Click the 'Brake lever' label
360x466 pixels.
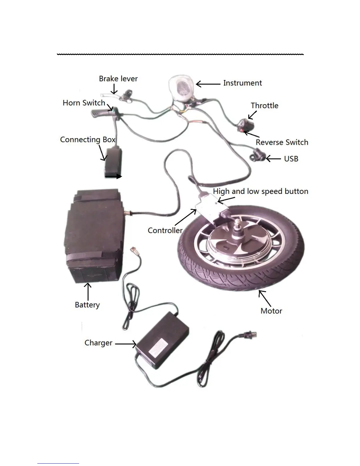click(x=118, y=79)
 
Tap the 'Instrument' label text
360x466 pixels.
click(x=242, y=83)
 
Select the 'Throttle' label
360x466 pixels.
click(x=264, y=106)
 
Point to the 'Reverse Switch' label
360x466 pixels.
click(x=282, y=142)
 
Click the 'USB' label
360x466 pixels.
click(x=291, y=159)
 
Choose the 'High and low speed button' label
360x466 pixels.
click(x=261, y=192)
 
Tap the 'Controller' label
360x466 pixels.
click(x=165, y=230)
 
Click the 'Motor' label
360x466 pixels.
click(x=271, y=311)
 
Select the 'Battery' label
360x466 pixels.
click(x=87, y=305)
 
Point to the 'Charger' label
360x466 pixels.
click(x=98, y=343)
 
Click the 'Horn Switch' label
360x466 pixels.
click(x=84, y=103)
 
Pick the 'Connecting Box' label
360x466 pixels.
click(x=88, y=139)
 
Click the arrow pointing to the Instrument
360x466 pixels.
click(x=208, y=84)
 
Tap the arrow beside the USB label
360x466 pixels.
click(x=273, y=159)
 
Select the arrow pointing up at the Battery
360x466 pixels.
click(x=88, y=292)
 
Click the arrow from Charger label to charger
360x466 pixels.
click(x=126, y=344)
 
